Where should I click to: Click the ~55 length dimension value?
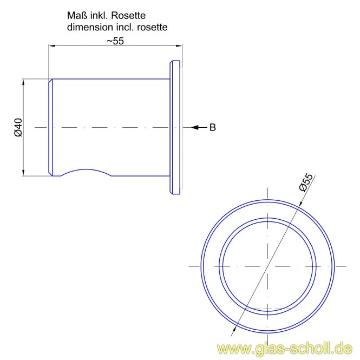115,41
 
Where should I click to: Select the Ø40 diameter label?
18,127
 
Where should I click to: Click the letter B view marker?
213,128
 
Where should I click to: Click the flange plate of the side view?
175,127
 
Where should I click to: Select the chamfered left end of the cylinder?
50,127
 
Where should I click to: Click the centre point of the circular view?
268,266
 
